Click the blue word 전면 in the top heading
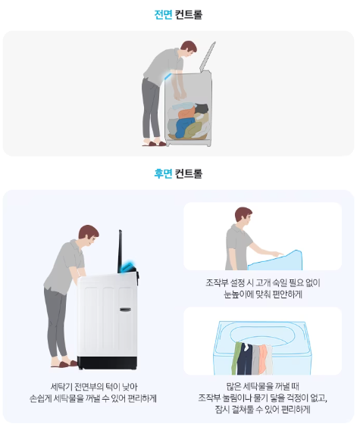click(163, 14)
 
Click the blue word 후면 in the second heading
click(163, 173)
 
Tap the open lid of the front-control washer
click(208, 57)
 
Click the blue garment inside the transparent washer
click(184, 126)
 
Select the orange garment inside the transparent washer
click(186, 114)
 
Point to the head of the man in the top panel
click(189, 48)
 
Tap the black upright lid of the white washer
click(120, 251)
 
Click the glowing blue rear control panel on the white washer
click(129, 266)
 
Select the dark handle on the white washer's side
click(125, 310)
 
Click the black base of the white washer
click(107, 363)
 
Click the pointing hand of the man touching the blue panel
click(278, 254)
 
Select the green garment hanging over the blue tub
click(236, 358)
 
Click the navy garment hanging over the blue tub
click(245, 359)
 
